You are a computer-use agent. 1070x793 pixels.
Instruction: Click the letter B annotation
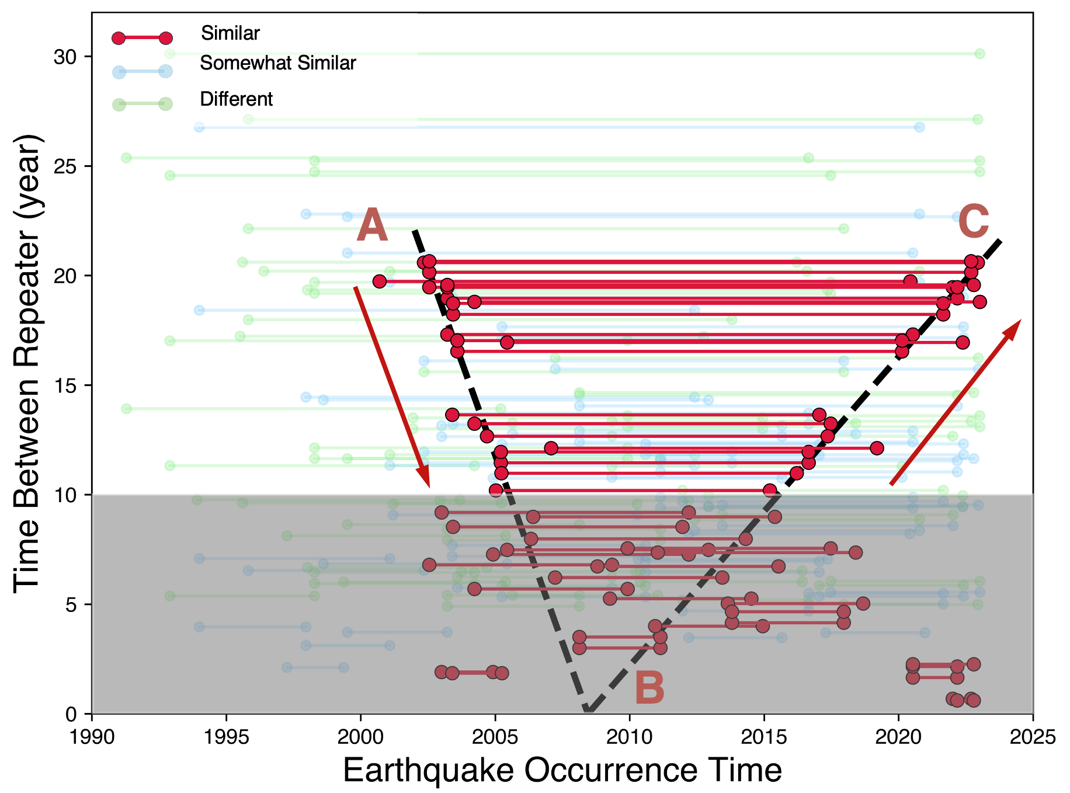click(x=649, y=688)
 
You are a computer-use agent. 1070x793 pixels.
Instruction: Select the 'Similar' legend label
click(x=230, y=33)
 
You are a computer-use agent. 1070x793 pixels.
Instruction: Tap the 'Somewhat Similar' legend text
click(x=277, y=63)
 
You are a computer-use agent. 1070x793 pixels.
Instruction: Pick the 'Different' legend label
click(x=236, y=99)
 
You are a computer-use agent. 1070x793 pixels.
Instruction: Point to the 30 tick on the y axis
click(x=65, y=57)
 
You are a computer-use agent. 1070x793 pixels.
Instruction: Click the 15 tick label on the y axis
click(x=65, y=385)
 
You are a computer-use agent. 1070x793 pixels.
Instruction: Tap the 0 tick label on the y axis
click(x=71, y=714)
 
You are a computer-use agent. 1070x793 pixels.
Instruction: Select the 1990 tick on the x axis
click(x=92, y=737)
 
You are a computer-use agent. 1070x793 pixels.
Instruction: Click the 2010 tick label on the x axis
click(x=630, y=737)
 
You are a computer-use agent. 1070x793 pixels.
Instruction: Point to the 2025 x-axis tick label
click(x=1033, y=737)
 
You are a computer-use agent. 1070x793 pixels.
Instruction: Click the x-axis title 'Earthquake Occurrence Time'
click(x=562, y=770)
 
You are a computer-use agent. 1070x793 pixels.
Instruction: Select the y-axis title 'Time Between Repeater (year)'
click(x=28, y=363)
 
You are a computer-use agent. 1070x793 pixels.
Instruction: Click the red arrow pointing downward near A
click(x=391, y=387)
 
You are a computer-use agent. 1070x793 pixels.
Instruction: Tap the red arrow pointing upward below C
click(x=955, y=402)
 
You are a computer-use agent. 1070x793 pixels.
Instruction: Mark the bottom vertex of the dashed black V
click(x=587, y=711)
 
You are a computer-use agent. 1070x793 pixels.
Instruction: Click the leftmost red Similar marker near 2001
click(x=380, y=281)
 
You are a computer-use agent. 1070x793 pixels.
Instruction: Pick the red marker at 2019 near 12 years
click(x=876, y=448)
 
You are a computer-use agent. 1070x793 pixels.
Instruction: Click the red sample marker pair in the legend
click(x=142, y=39)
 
